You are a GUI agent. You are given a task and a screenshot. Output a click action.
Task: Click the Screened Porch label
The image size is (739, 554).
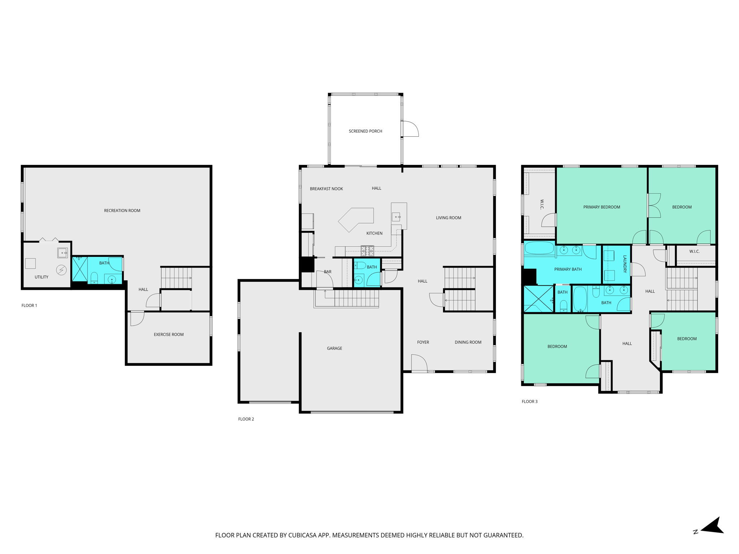365,131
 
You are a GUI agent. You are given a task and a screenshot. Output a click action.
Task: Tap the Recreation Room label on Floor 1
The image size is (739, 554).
122,211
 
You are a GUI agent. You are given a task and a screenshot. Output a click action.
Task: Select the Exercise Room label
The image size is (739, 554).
169,335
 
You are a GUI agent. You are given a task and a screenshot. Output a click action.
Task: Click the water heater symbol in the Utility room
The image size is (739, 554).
61,270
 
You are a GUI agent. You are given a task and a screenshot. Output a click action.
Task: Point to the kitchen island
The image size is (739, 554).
356,219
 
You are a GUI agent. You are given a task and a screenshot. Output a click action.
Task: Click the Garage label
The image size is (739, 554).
334,348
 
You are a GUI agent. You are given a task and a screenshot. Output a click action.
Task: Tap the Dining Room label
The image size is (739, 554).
468,342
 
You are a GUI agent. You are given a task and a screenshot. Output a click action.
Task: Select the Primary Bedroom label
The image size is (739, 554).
602,207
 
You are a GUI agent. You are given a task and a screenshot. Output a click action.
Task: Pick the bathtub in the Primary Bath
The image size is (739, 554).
539,249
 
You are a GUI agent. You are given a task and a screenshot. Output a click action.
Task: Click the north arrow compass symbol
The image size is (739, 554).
712,526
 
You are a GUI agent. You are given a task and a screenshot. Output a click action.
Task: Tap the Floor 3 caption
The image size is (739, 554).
529,401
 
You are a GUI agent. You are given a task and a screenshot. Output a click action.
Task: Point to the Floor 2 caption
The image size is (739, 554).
246,419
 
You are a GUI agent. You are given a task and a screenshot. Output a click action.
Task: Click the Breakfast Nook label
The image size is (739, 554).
326,189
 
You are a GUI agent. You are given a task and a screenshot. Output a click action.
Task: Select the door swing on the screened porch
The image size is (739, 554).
410,129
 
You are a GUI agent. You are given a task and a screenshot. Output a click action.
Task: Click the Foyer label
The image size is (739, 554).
423,342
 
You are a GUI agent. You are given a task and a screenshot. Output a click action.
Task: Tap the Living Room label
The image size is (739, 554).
448,218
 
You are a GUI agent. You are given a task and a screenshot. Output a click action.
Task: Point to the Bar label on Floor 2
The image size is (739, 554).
327,272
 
